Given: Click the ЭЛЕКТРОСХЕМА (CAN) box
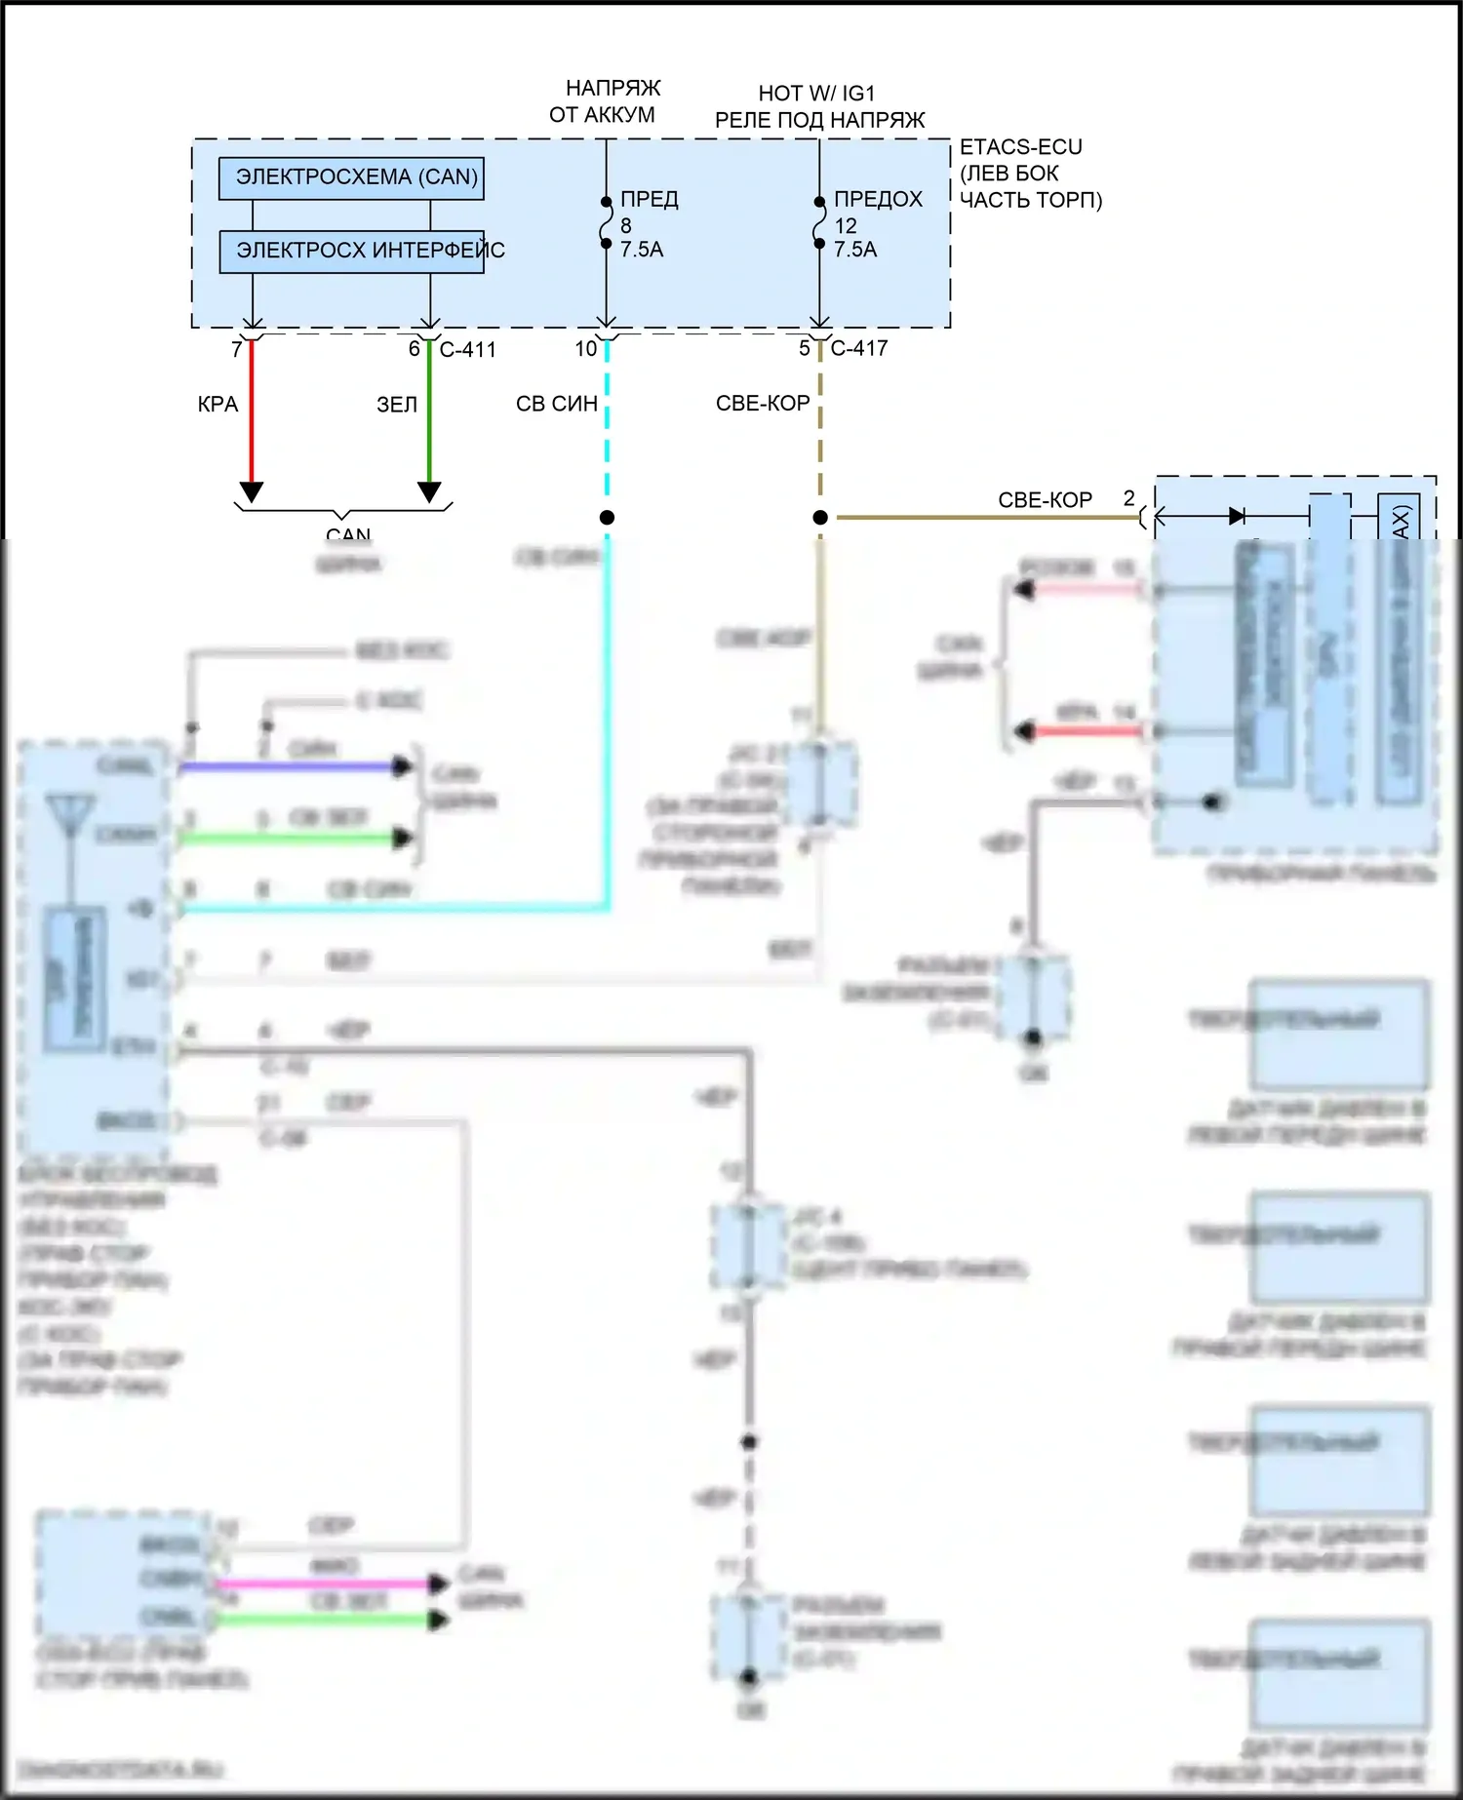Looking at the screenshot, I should [351, 178].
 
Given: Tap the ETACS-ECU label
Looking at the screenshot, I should [1020, 147].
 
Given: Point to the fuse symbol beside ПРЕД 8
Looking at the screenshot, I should [606, 223].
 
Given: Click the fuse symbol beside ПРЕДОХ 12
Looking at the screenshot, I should [819, 223].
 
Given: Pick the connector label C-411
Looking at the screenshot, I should [468, 350].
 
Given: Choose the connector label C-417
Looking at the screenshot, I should [859, 348].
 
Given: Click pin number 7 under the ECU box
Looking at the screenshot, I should [237, 349].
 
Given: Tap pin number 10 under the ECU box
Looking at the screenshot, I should [586, 349].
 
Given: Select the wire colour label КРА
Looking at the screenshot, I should [217, 405].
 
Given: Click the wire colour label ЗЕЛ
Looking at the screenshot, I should [397, 405].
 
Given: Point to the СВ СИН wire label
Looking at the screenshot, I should [557, 404].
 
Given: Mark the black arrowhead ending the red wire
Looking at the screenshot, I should [252, 492].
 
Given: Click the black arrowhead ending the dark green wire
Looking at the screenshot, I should [429, 492].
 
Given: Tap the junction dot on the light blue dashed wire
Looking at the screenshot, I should [607, 518].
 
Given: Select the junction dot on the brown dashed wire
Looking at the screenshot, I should [820, 518].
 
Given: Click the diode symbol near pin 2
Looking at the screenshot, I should [1237, 516].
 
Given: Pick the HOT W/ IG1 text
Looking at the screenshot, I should [817, 94].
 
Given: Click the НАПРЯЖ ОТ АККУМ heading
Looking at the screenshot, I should [604, 101].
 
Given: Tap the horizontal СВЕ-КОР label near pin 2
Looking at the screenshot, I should [1045, 500].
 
